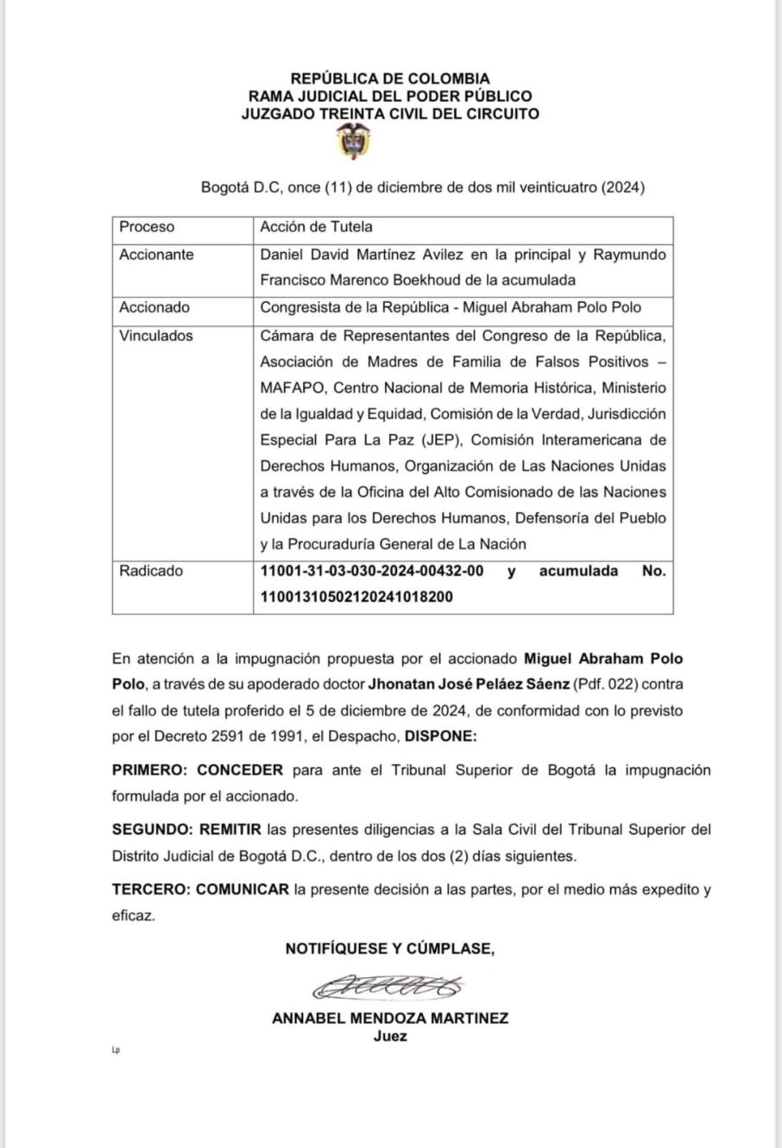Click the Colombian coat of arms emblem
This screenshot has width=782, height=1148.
(354, 142)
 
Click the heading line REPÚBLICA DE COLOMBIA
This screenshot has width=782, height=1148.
(390, 79)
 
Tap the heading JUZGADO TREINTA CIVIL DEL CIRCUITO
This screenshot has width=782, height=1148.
(390, 113)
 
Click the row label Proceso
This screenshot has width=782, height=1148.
(147, 227)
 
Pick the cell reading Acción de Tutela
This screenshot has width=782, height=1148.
(317, 227)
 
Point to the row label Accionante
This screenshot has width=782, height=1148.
(156, 255)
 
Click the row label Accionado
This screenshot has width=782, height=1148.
(155, 307)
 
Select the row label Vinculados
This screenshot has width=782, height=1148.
(156, 336)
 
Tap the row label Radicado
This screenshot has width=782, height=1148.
(151, 571)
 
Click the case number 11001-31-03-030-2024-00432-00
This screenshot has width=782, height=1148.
(372, 571)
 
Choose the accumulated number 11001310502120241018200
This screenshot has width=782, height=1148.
(356, 596)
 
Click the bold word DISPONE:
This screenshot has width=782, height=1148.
(440, 736)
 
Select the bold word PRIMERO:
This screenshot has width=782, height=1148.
(150, 770)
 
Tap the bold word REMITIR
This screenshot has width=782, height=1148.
(230, 829)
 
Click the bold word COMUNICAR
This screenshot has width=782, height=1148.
(243, 889)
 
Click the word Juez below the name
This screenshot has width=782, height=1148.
(390, 1037)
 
